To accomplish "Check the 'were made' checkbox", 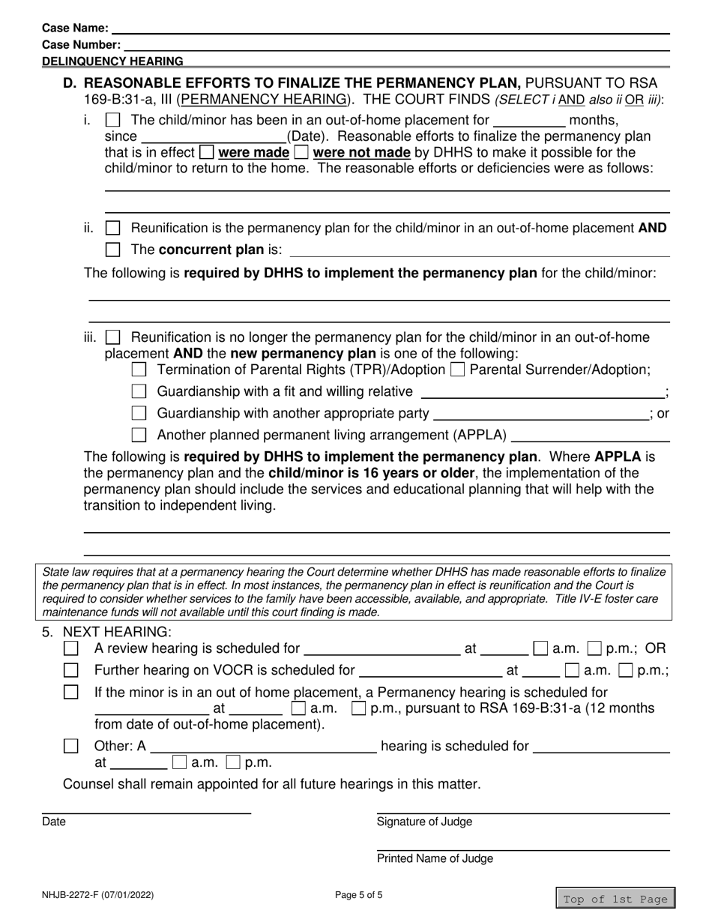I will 207,153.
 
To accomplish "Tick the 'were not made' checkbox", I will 301,153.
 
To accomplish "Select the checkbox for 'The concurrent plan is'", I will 112,250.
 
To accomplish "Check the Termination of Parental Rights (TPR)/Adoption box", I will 139,370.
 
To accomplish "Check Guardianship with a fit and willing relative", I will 139,391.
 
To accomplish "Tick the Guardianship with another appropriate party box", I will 139,413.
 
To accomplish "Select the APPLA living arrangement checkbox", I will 139,435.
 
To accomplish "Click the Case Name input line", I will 390,28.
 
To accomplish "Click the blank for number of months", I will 529,120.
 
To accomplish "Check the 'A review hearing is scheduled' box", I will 71,648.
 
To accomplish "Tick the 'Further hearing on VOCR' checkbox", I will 71,670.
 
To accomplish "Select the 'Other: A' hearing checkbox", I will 71,746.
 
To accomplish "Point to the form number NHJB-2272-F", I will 99,894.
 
